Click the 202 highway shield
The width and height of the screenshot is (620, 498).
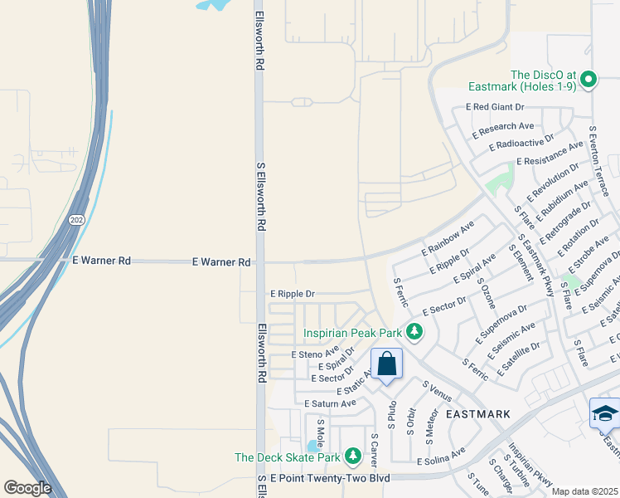(x=76, y=219)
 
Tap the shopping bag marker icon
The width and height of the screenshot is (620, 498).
(x=386, y=364)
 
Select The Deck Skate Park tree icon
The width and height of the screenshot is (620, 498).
(x=353, y=456)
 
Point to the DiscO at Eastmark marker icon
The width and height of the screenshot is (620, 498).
(x=589, y=80)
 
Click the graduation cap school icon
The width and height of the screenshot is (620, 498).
(x=604, y=413)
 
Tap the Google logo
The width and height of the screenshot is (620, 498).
(x=27, y=488)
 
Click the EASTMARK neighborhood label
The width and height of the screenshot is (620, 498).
(x=477, y=413)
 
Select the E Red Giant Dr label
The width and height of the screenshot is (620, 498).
(x=496, y=107)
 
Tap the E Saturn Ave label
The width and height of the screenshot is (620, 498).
(x=330, y=403)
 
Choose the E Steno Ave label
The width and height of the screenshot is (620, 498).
(x=317, y=354)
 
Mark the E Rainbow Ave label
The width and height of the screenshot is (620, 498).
(x=448, y=238)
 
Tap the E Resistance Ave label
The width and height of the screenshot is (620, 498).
(x=549, y=154)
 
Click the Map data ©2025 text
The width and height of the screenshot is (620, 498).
(x=585, y=491)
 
